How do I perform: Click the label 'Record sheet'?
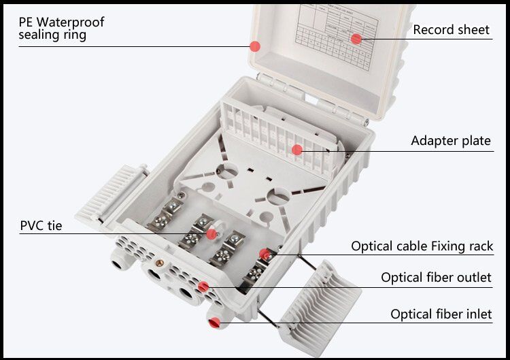coord(451,29)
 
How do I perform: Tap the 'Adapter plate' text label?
coord(450,141)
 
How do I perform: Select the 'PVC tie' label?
coord(41,225)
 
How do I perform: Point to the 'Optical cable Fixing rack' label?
coord(422,246)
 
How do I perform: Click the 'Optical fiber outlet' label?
coord(436,278)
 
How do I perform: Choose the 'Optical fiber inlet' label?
coord(441,314)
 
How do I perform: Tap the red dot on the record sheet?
coord(356,39)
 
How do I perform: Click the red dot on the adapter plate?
coord(297,149)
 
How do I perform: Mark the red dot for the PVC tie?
coord(211,234)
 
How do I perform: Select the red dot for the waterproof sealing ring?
coord(255,46)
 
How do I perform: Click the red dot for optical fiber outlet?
coord(202,287)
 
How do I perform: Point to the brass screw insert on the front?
coord(161,261)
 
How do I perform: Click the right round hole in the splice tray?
coord(279,197)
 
